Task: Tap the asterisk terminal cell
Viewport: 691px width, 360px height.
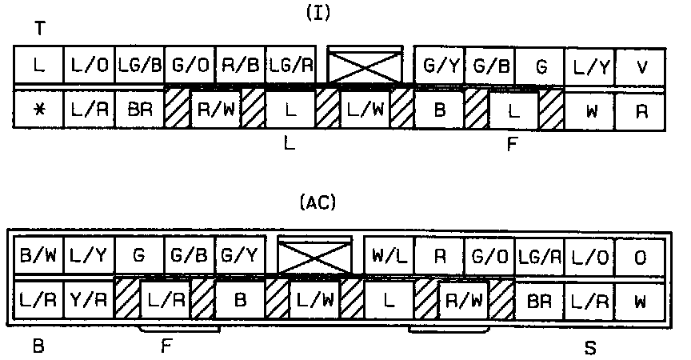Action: [38, 111]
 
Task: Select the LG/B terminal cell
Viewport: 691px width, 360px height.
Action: [139, 66]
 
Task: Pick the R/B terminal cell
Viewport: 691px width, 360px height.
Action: [240, 66]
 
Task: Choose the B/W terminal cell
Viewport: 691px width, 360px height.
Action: [38, 257]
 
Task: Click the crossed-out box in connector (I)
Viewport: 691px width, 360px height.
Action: [365, 66]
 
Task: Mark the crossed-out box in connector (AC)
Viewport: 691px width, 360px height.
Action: [314, 257]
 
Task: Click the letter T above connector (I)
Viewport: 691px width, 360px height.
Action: [39, 29]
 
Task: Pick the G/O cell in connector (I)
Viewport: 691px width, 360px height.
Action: [190, 66]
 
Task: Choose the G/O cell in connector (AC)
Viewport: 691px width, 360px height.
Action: [489, 257]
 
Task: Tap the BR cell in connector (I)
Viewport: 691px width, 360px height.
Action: [139, 111]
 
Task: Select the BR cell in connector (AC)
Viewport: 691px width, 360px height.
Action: [540, 302]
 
